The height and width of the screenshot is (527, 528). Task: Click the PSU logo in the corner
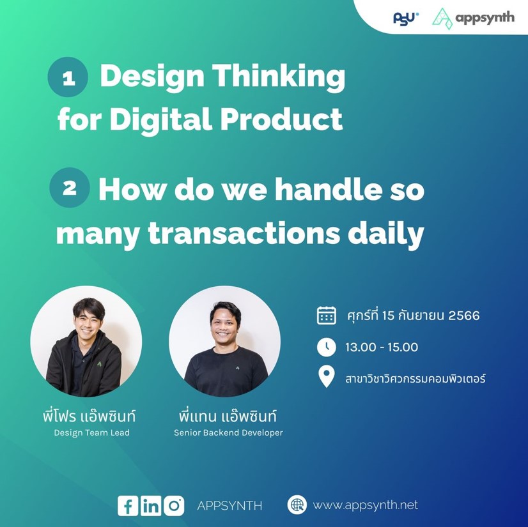pos(406,19)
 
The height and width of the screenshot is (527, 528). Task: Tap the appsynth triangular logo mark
pos(442,19)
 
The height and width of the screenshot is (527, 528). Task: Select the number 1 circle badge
pos(68,77)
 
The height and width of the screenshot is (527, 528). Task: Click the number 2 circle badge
pos(70,187)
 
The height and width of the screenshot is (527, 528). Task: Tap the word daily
pos(385,234)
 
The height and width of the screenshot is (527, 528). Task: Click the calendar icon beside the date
pos(326,316)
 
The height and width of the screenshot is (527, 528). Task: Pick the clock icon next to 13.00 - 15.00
pos(326,347)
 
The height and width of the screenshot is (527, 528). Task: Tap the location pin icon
pos(326,377)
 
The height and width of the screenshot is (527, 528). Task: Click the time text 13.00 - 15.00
pos(382,347)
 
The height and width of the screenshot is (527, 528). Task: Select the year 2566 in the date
pos(464,316)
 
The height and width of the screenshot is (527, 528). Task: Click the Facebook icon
pos(128,506)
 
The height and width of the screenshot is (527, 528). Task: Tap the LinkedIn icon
pos(151,506)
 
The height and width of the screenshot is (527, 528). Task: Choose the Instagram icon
pos(174,506)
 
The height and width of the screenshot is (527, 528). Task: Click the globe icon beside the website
pos(297,505)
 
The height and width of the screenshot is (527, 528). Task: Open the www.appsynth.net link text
pos(366,505)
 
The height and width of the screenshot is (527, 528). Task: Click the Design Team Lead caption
pos(91,432)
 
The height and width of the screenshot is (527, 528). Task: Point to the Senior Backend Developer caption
pos(228,432)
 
